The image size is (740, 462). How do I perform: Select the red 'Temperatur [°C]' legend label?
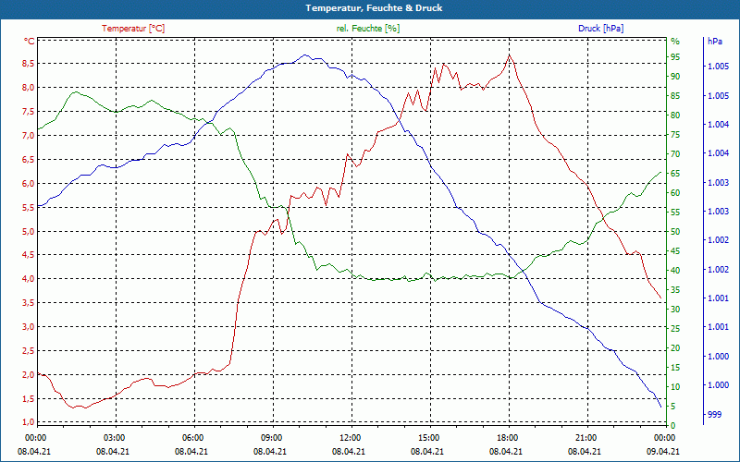[x=133, y=28]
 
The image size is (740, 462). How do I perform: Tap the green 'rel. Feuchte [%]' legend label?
[x=368, y=28]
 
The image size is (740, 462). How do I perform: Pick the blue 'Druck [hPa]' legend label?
[x=600, y=28]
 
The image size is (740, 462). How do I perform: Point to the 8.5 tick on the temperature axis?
[x=28, y=64]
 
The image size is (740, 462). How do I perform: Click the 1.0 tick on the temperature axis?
[x=28, y=422]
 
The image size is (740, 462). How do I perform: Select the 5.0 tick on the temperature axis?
[x=28, y=231]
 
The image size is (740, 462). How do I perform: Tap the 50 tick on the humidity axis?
[x=675, y=232]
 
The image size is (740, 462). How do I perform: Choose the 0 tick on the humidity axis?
[x=673, y=426]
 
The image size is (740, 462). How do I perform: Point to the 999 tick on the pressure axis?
[x=713, y=415]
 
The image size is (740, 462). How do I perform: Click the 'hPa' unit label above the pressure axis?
[x=714, y=42]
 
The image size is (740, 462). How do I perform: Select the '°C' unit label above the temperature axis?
[x=30, y=42]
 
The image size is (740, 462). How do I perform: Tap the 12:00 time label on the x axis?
[x=351, y=437]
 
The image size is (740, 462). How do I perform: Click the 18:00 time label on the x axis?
[x=508, y=437]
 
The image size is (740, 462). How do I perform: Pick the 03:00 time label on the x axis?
[x=115, y=437]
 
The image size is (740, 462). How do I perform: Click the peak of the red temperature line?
[x=509, y=55]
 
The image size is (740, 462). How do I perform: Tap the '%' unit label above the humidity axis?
[x=675, y=42]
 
